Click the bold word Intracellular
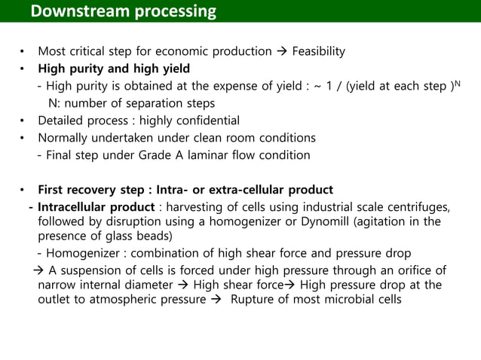pyautogui.click(x=77, y=207)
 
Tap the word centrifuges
pyautogui.click(x=420, y=207)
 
